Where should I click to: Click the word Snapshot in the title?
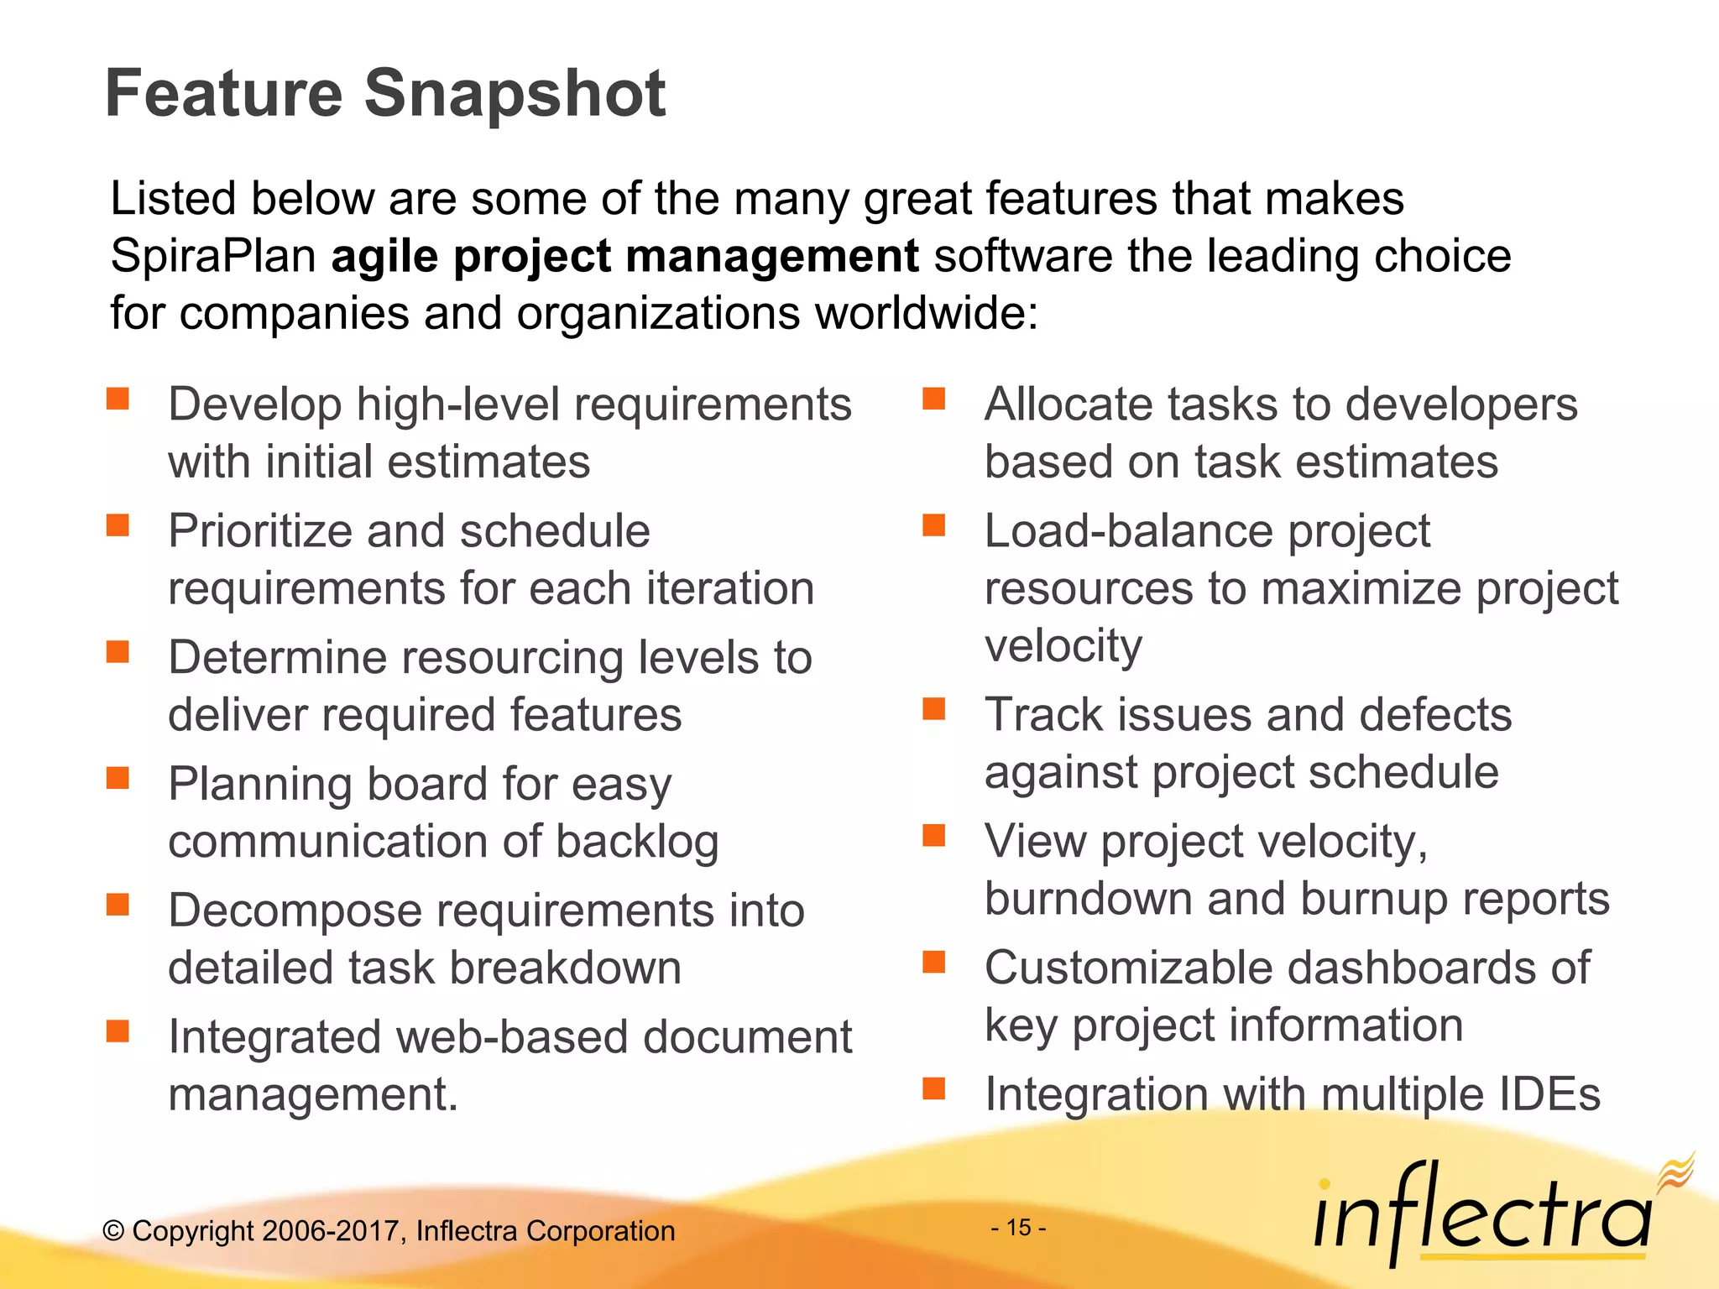515,94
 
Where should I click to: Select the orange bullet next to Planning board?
118,778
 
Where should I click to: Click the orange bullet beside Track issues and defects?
933,709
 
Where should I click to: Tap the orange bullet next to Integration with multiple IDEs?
933,1088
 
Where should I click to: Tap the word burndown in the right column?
1088,899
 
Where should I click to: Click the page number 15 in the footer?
1018,1228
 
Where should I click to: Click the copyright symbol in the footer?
113,1231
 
